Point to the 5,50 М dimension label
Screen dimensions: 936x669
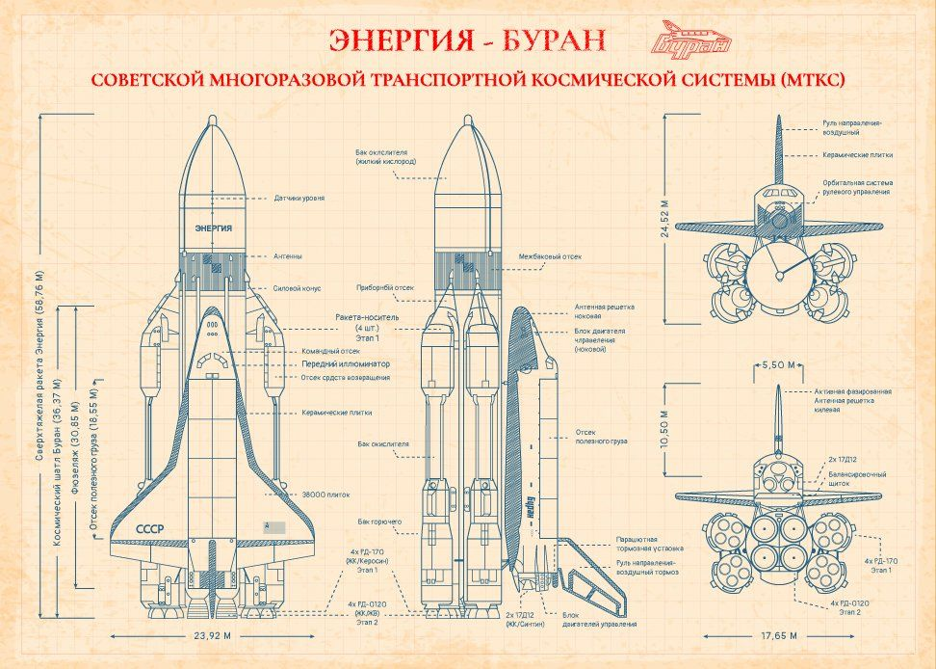(778, 365)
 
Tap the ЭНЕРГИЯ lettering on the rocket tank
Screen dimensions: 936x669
(213, 227)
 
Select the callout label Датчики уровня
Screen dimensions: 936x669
(299, 198)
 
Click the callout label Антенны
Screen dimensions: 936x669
(288, 256)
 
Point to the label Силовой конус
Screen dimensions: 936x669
(298, 288)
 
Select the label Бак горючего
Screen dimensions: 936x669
(379, 521)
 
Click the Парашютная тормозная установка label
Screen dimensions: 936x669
(650, 542)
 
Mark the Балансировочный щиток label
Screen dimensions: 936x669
(855, 479)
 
